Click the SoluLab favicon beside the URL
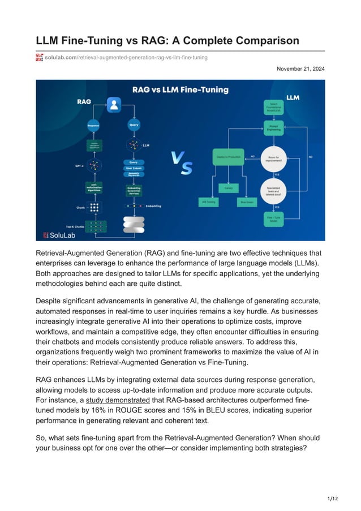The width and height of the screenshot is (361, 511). pos(40,57)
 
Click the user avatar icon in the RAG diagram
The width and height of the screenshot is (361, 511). pos(115,104)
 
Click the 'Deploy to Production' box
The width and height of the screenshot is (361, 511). pos(228,156)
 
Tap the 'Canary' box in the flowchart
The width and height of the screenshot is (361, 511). pos(229,187)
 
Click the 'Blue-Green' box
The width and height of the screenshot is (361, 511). pos(247,201)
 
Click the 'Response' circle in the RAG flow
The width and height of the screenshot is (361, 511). pos(93,124)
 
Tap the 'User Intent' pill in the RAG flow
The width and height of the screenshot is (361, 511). pos(134,168)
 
